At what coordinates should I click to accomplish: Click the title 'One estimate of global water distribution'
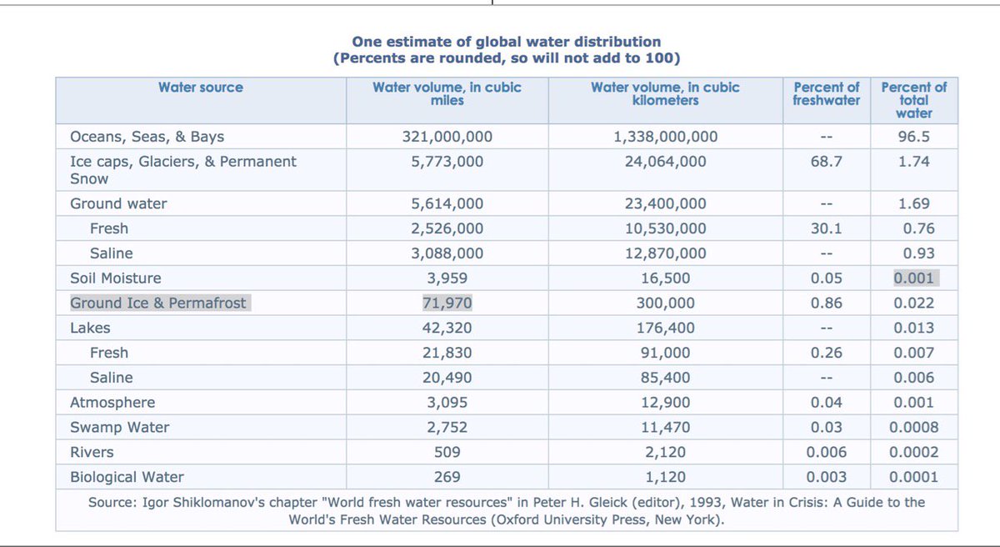pos(506,42)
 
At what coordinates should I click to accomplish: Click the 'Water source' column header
pos(201,87)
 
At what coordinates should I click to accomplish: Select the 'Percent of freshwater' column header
pos(826,93)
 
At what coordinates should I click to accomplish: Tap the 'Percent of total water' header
pos(914,99)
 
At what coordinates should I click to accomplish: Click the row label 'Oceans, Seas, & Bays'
pos(147,137)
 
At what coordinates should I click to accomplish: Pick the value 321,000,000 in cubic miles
pos(447,137)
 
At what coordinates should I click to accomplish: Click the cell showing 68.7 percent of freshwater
pos(826,162)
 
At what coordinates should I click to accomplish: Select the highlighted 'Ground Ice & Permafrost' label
pos(158,304)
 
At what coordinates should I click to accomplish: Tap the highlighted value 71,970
pos(447,304)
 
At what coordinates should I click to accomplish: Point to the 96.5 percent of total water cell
pos(914,137)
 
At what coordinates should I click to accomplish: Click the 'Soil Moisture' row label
pos(116,279)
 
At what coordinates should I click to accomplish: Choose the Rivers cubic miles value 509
pos(447,453)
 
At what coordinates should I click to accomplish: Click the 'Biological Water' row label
pos(127,478)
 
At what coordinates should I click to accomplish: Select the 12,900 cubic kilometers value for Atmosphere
pos(665,403)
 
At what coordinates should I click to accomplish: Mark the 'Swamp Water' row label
pos(119,428)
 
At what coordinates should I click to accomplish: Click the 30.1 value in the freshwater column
pos(826,228)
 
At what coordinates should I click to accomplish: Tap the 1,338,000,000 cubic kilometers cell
pos(665,137)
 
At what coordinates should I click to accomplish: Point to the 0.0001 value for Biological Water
pos(914,478)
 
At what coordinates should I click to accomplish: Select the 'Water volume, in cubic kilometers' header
pos(665,93)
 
